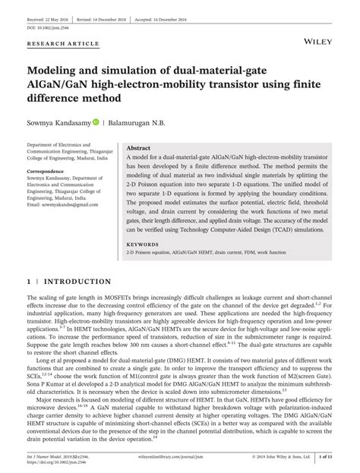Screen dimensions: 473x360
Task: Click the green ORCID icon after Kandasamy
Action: (96, 121)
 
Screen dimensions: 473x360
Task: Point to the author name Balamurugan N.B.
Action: (144, 121)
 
